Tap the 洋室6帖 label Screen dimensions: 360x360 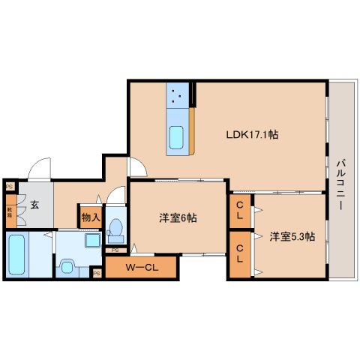pyautogui.click(x=178, y=217)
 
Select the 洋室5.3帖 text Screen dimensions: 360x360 pyautogui.click(x=292, y=236)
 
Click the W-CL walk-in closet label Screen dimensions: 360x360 pyautogui.click(x=140, y=268)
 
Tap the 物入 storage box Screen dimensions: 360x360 pyautogui.click(x=90, y=217)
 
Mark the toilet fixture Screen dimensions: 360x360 pyautogui.click(x=115, y=226)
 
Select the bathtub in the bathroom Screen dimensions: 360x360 pyautogui.click(x=16, y=255)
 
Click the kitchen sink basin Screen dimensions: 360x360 pyautogui.click(x=178, y=138)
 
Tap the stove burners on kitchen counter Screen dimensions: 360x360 pyautogui.click(x=178, y=94)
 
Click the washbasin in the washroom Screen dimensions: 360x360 pyautogui.click(x=92, y=241)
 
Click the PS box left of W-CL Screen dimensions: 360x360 pyautogui.click(x=97, y=274)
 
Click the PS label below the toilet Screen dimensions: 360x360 pyautogui.click(x=115, y=250)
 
